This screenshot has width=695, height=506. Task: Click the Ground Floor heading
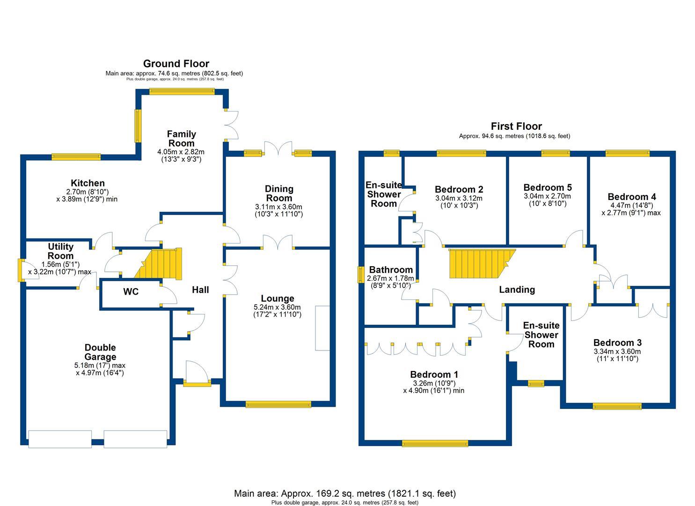(176, 64)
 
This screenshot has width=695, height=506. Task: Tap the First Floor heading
(516, 126)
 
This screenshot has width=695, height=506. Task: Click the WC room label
(131, 292)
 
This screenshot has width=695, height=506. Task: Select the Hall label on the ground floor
(200, 290)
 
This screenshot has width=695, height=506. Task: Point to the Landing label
(517, 290)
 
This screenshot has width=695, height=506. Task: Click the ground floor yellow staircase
(160, 265)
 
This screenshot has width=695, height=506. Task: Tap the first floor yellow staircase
(480, 263)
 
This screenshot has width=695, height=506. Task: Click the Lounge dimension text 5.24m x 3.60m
(278, 307)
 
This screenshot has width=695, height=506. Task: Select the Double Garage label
(100, 352)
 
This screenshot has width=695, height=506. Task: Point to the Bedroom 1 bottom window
(435, 443)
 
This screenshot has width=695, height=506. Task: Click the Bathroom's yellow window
(361, 275)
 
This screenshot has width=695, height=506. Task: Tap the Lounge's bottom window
(278, 404)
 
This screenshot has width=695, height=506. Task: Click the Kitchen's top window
(76, 156)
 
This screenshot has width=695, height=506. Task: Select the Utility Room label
(61, 251)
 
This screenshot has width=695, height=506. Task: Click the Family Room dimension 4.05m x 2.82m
(181, 152)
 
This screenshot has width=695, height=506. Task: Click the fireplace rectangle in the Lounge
(322, 328)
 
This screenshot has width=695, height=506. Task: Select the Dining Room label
(279, 193)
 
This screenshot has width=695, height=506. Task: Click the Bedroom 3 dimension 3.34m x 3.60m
(617, 352)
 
